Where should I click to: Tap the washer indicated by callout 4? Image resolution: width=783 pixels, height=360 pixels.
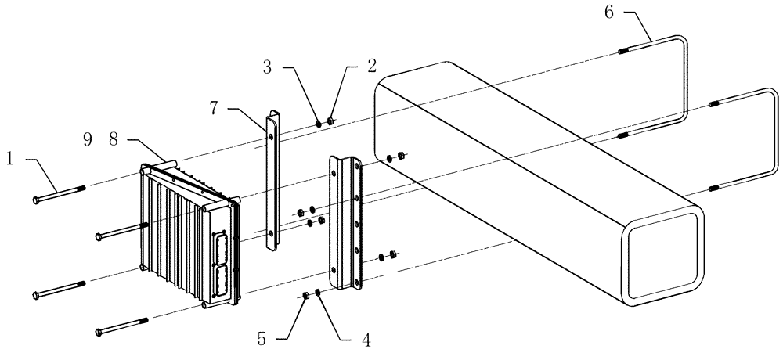tap(317, 293)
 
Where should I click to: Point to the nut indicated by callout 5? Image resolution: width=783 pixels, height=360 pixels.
tap(305, 295)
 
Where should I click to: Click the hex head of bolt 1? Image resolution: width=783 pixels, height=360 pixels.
tap(37, 200)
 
